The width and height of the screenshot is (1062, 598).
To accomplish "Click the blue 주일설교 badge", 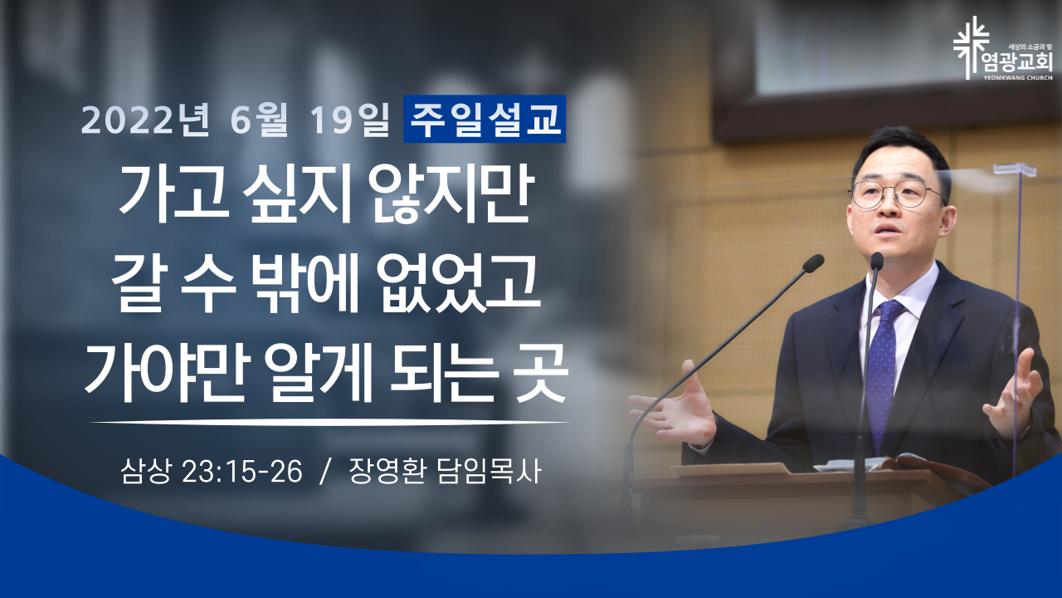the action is [x=484, y=119].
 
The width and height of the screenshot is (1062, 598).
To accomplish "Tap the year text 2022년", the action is [x=145, y=120].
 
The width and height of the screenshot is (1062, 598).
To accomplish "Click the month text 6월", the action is [x=259, y=120].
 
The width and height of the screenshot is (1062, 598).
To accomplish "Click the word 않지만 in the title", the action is [x=451, y=194].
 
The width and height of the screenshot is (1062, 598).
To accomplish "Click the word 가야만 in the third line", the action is [x=164, y=373].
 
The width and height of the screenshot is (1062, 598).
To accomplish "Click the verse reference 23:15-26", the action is [x=241, y=472].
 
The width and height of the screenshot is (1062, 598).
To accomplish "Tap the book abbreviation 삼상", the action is [x=145, y=472].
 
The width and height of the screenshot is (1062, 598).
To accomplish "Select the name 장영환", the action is [x=387, y=472].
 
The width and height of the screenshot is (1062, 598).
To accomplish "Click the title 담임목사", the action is [x=489, y=472].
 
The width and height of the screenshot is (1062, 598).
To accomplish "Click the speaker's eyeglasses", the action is [x=895, y=194].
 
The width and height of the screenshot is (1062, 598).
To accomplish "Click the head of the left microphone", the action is [x=814, y=263].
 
